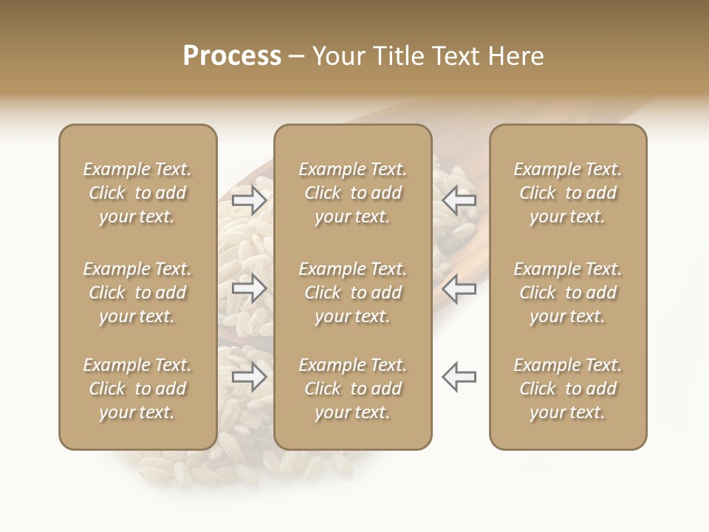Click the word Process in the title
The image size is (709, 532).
click(x=232, y=56)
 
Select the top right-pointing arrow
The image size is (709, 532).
click(x=250, y=199)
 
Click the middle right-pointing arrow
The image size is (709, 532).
click(x=250, y=288)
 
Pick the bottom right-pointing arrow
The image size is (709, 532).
click(x=250, y=377)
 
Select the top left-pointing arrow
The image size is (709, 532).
click(x=459, y=199)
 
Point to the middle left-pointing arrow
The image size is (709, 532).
click(x=459, y=288)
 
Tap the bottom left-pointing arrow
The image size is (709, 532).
click(x=459, y=376)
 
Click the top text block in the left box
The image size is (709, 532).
click(x=137, y=193)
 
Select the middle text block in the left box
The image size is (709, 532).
click(x=137, y=293)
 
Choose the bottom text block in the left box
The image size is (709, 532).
click(x=137, y=389)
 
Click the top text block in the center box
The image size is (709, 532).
click(x=352, y=193)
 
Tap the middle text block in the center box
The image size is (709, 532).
click(x=352, y=293)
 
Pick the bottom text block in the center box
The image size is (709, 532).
click(x=352, y=389)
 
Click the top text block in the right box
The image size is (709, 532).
click(x=568, y=193)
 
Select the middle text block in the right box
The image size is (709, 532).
click(x=568, y=293)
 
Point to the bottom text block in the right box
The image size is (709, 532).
click(x=568, y=389)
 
